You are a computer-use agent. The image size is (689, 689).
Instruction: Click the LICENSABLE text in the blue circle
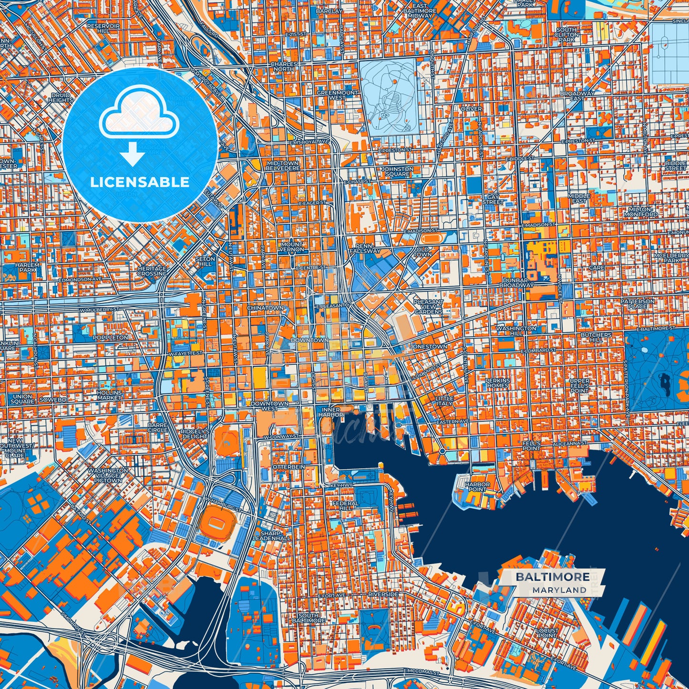(x=140, y=182)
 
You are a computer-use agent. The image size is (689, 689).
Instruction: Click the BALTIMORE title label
(x=552, y=577)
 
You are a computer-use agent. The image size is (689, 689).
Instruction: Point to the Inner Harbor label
(x=330, y=412)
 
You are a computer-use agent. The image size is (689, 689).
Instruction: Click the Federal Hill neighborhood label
(x=345, y=505)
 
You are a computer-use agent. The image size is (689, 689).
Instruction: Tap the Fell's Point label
(x=531, y=446)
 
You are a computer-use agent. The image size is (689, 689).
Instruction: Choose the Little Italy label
(x=444, y=401)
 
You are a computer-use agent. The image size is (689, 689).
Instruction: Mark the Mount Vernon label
(x=291, y=247)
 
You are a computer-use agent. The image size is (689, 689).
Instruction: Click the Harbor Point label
(x=477, y=487)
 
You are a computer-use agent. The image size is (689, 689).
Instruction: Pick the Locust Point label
(x=547, y=633)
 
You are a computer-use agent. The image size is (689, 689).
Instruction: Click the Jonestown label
(x=428, y=347)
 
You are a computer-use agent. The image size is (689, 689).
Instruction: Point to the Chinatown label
(x=265, y=308)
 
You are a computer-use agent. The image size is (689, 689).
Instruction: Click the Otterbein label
(x=288, y=467)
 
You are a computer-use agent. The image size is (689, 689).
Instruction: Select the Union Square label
(x=22, y=399)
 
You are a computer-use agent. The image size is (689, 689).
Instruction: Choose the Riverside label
(x=383, y=595)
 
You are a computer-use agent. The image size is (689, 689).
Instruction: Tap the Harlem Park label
(x=28, y=267)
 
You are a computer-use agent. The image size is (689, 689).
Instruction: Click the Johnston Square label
(x=397, y=172)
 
